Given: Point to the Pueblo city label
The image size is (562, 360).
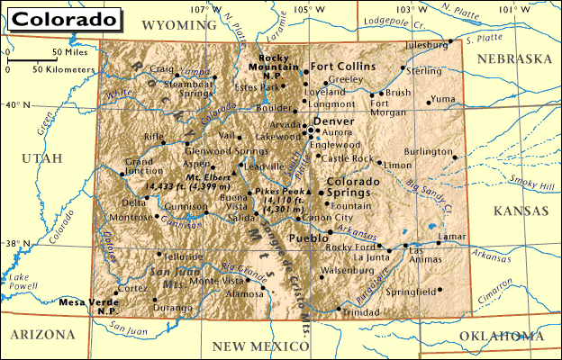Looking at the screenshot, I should (306, 238).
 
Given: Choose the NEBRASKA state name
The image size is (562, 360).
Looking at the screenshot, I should (513, 58).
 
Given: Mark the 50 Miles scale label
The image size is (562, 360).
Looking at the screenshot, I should (68, 52).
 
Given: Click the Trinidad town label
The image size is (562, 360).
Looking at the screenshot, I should (361, 311).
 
